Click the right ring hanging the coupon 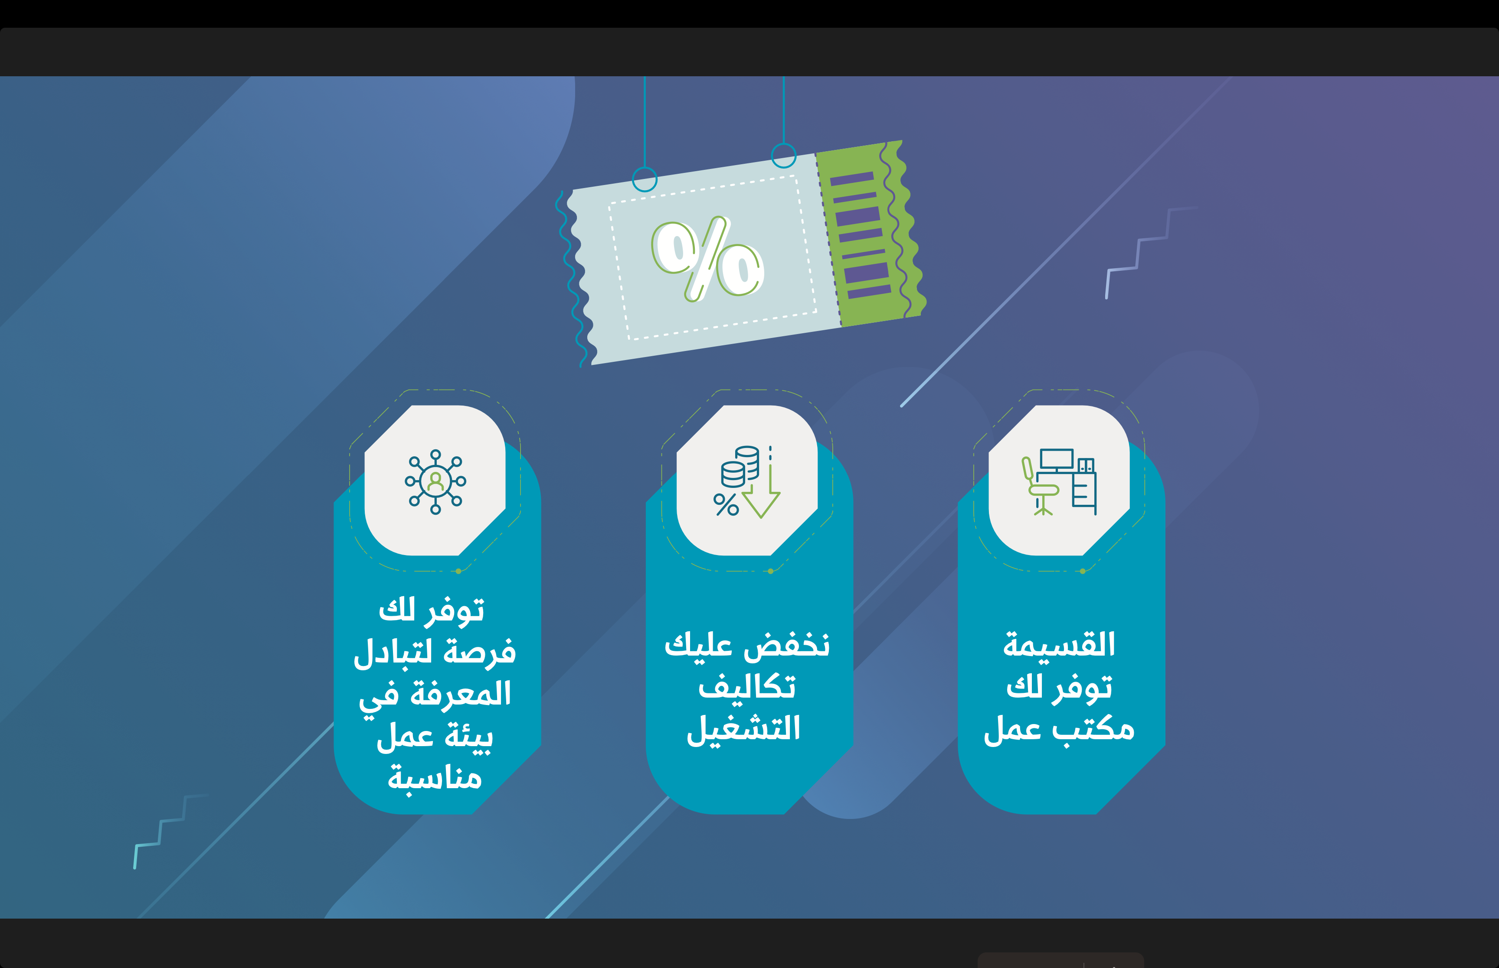coord(784,155)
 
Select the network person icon coord(435,481)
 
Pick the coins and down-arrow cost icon coord(746,482)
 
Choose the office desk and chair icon coord(1059,481)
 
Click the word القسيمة coord(1059,645)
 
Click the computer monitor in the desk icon coord(1057,461)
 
